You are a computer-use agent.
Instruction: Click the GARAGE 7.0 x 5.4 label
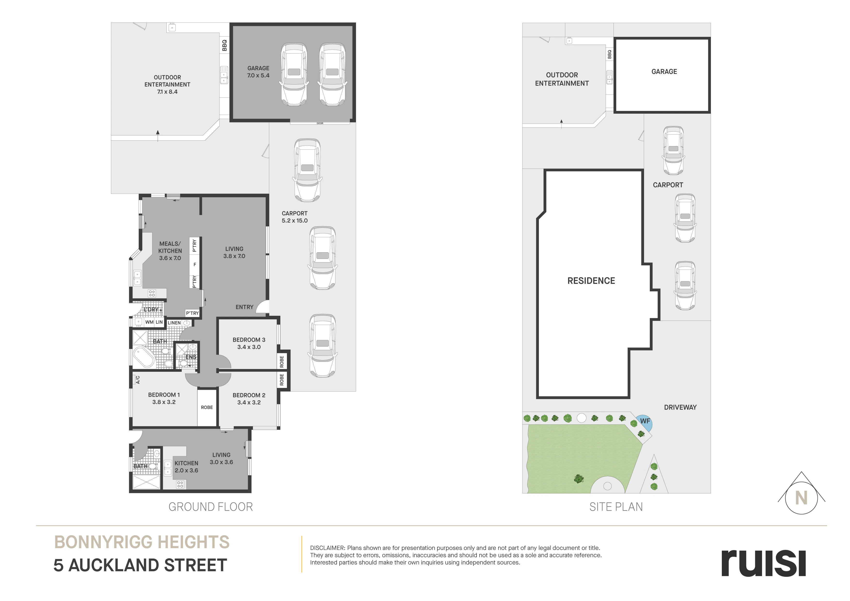[x=258, y=72]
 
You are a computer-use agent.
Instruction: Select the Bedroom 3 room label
[x=249, y=343]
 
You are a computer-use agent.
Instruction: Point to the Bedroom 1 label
[x=164, y=398]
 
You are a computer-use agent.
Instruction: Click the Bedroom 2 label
[x=249, y=399]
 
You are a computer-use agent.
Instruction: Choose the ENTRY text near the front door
[x=244, y=307]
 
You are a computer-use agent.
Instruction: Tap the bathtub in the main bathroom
[x=143, y=357]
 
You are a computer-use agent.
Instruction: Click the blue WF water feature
[x=645, y=422]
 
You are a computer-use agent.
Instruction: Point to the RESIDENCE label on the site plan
[x=591, y=281]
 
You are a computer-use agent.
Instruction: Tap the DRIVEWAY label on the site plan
[x=680, y=407]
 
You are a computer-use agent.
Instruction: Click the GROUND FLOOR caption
[x=211, y=506]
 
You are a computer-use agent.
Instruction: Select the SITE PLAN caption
[x=616, y=506]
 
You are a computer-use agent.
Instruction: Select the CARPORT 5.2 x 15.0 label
[x=295, y=217]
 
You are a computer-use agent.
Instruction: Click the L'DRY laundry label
[x=151, y=309]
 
